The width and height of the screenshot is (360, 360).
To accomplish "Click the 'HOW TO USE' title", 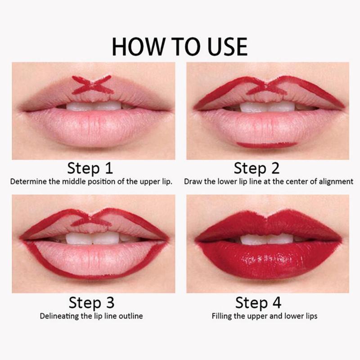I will tap(180, 46).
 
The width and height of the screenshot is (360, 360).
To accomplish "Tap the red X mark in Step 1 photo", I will tap(92, 85).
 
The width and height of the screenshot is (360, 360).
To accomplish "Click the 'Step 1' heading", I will tap(90, 169).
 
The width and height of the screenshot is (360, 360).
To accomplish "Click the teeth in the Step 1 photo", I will tap(94, 107).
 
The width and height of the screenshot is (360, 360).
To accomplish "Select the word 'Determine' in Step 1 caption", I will tap(27, 183).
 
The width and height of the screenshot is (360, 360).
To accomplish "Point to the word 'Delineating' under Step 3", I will tap(58, 316).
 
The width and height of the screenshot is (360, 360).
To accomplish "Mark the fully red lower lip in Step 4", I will tap(265, 261).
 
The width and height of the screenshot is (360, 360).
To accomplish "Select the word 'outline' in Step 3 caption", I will tap(131, 316).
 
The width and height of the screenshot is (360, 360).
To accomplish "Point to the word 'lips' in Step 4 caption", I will tap(310, 316).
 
